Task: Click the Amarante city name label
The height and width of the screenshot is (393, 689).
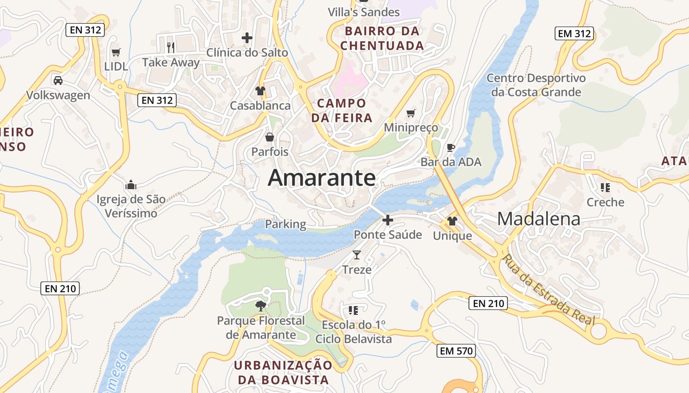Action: pyautogui.click(x=322, y=178)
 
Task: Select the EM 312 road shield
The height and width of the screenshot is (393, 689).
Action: pyautogui.click(x=574, y=33)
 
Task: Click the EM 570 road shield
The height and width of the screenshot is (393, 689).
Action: pyautogui.click(x=456, y=351)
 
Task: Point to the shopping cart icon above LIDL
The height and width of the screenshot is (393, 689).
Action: pyautogui.click(x=116, y=52)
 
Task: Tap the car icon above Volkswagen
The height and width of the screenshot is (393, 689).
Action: pyautogui.click(x=58, y=80)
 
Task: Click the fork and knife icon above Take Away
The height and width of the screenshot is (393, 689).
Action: pyautogui.click(x=171, y=47)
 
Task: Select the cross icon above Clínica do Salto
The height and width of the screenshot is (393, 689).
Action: pyautogui.click(x=247, y=37)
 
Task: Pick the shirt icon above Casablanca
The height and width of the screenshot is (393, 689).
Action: pyautogui.click(x=260, y=91)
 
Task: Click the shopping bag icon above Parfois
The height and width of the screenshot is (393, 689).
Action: pyautogui.click(x=270, y=137)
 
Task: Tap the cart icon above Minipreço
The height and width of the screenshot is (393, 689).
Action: pyautogui.click(x=411, y=113)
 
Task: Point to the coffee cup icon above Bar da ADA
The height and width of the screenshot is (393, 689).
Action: pyautogui.click(x=450, y=147)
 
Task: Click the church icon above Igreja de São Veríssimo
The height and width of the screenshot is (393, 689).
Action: pyautogui.click(x=131, y=185)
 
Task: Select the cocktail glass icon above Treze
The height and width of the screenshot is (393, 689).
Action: pyautogui.click(x=357, y=254)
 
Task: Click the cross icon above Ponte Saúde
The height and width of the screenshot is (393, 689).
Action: pyautogui.click(x=388, y=220)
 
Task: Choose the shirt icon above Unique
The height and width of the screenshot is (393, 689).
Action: pyautogui.click(x=452, y=221)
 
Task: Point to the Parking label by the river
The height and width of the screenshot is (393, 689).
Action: pyautogui.click(x=285, y=225)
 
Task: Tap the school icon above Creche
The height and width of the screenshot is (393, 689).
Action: pyautogui.click(x=605, y=187)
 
